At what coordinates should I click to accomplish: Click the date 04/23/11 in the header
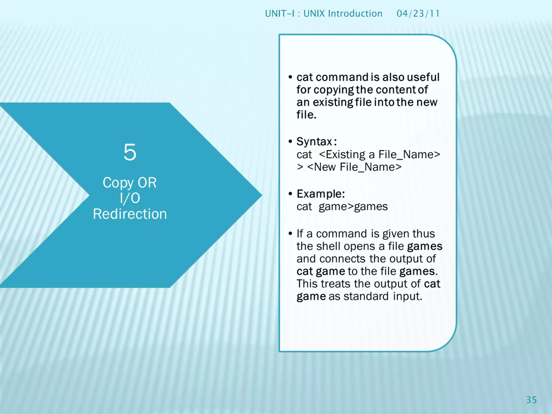418,13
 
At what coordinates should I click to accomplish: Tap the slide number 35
531,400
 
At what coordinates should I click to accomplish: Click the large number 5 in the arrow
130,152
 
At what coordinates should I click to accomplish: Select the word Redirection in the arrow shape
130,214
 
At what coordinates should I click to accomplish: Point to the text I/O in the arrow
130,198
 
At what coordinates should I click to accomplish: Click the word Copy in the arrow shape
118,183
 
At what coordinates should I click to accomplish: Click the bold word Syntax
314,142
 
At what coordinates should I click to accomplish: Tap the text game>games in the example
353,207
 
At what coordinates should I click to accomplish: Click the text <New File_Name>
354,167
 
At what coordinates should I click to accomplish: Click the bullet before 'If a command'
290,233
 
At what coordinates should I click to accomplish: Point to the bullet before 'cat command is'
290,77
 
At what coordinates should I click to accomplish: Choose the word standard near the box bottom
366,296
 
